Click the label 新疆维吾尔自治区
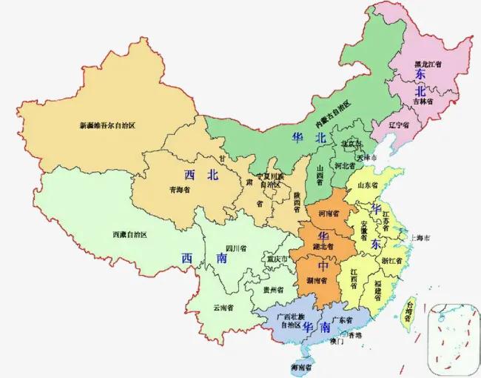(107, 125)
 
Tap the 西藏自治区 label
(129, 234)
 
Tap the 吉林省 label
(420, 101)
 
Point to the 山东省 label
(369, 185)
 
